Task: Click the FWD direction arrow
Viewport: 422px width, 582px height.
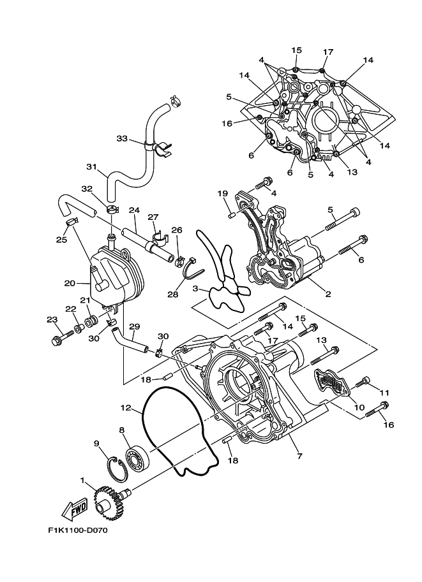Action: coord(74,509)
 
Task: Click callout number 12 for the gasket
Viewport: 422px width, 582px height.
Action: coord(125,407)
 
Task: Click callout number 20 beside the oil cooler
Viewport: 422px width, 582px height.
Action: coord(70,283)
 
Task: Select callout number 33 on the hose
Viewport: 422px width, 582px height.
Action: coord(123,138)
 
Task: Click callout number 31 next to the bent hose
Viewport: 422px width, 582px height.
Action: coord(91,168)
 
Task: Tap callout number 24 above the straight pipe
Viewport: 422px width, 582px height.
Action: coord(133,210)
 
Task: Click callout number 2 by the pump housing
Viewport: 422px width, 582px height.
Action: coord(328,294)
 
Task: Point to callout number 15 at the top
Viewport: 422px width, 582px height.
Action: coord(297,50)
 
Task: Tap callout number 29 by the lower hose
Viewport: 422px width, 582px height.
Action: coord(135,326)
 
